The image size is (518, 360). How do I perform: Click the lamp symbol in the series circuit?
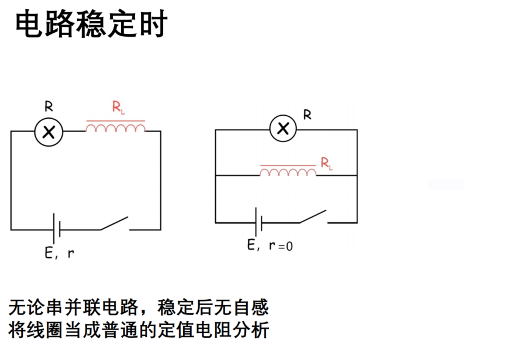click(x=49, y=132)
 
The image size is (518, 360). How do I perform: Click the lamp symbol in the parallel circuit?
click(x=283, y=129)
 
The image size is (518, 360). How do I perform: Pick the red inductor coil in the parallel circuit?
click(x=288, y=171)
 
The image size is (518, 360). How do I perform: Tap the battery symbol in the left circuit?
click(x=57, y=229)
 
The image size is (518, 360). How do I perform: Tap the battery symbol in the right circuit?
click(x=258, y=222)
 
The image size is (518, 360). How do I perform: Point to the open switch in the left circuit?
click(x=114, y=224)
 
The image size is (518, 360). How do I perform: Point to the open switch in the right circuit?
click(x=313, y=217)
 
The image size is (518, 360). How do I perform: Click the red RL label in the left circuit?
click(x=118, y=108)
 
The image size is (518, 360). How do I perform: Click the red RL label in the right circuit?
click(x=326, y=163)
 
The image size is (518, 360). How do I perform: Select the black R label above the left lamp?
click(x=49, y=106)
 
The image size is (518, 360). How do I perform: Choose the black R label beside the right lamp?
click(x=307, y=115)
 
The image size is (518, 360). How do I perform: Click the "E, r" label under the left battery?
click(x=60, y=253)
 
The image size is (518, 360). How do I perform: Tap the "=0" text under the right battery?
click(x=285, y=247)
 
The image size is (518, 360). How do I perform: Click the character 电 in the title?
click(x=29, y=24)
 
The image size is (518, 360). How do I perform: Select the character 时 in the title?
click(x=153, y=24)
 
